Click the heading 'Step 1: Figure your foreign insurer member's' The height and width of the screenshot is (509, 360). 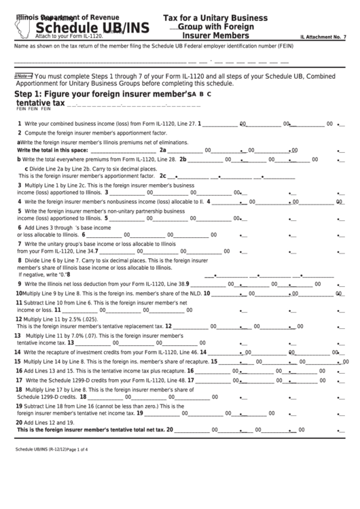101,94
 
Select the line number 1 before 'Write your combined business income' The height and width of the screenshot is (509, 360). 19,124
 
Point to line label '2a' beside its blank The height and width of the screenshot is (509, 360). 163,150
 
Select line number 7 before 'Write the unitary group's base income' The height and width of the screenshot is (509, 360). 19,243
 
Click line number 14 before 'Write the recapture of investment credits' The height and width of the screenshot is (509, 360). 19,353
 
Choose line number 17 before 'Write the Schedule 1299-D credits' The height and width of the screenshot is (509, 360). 19,381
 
